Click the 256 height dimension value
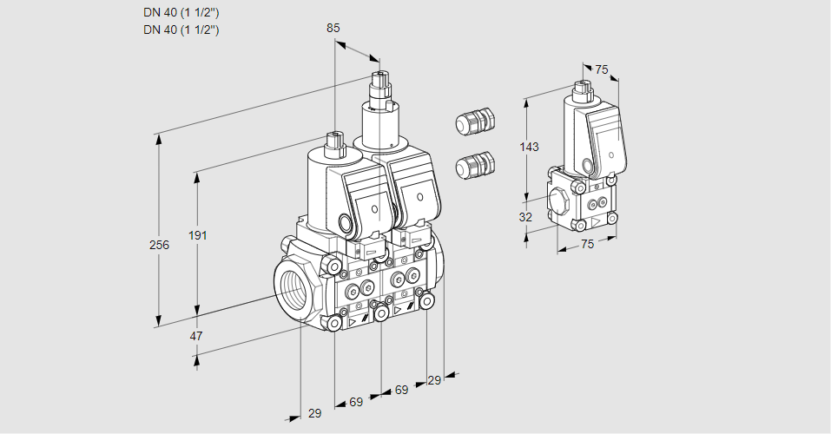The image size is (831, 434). click(x=159, y=245)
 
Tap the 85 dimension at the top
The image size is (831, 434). click(x=333, y=28)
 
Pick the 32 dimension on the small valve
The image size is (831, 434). click(x=525, y=217)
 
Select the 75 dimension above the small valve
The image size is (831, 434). click(x=602, y=70)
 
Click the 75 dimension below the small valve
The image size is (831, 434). click(x=587, y=244)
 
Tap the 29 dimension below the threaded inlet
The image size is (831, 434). click(x=314, y=413)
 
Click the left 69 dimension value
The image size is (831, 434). click(x=356, y=402)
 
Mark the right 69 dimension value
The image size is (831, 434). click(x=401, y=390)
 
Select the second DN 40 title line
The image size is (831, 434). click(x=181, y=30)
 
